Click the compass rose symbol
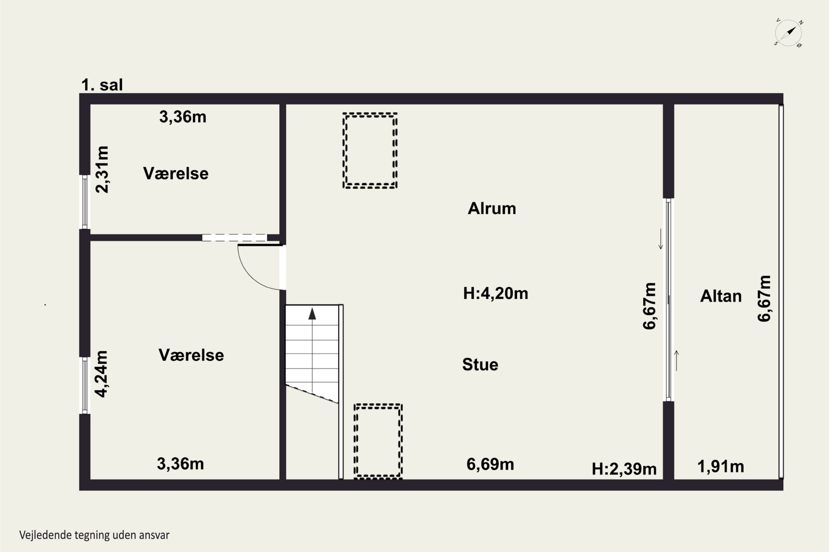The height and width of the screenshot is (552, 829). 788,33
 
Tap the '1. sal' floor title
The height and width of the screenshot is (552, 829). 102,85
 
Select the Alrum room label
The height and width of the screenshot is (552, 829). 492,208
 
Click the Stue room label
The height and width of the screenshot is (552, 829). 480,364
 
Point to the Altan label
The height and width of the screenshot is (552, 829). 721,296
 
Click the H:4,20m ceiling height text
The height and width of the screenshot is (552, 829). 495,293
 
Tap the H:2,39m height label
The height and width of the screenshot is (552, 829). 624,469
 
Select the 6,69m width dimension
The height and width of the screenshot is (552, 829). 490,464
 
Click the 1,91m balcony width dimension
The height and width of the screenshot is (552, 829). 720,467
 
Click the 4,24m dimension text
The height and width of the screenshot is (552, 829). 101,374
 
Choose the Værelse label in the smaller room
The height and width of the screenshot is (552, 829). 175,174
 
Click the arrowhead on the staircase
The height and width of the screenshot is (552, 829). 312,314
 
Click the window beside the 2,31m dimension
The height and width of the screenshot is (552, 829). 85,202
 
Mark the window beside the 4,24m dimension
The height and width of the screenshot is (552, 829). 85,386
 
